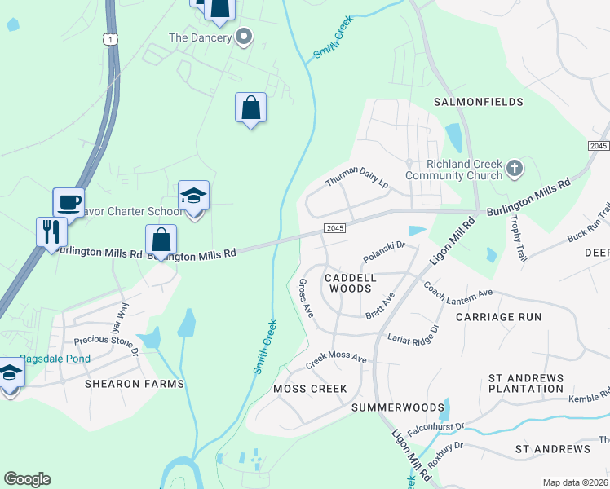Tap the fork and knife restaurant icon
coord(51,231)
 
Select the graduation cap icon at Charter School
coord(193,197)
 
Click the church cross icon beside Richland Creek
coord(514,168)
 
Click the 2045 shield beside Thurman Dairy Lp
coord(335,228)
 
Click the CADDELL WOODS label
coord(351,283)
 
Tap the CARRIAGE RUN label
coord(498,316)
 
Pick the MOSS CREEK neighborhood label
coord(311,389)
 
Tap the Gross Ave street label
coord(306,297)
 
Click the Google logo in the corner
coord(27,479)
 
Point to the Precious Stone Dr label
coord(106,346)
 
